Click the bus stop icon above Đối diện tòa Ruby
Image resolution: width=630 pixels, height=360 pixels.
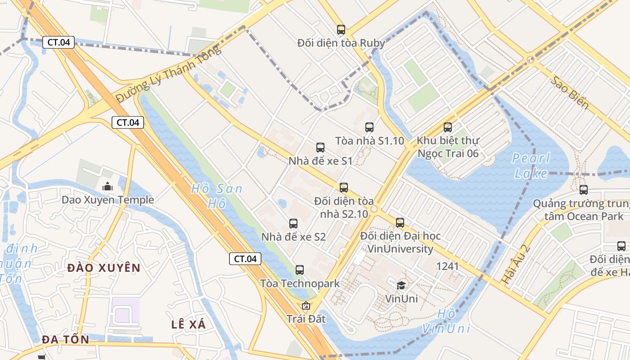[341, 30]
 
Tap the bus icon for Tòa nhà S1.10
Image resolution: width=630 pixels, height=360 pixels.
[369, 127]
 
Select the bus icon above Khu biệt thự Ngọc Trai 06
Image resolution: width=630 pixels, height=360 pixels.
[447, 127]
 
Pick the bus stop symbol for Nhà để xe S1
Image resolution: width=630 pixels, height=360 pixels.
[320, 148]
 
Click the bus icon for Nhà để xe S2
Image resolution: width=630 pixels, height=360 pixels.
[293, 223]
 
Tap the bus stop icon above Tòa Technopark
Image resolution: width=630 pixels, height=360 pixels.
[300, 270]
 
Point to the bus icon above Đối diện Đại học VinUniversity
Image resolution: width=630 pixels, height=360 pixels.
[400, 222]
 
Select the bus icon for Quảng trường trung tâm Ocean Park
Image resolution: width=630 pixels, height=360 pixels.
[584, 190]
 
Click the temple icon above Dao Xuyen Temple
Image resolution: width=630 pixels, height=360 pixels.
[108, 186]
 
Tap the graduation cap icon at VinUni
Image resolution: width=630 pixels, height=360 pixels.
[401, 285]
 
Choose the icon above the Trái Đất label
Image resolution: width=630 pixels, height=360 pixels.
[306, 306]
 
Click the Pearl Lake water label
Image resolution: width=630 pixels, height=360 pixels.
[531, 166]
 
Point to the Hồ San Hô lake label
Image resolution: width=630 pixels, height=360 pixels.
[216, 196]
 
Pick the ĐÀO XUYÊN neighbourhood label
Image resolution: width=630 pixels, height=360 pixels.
[104, 268]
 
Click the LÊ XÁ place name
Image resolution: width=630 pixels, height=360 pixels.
[189, 324]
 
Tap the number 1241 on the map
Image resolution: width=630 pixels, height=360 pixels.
[447, 266]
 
